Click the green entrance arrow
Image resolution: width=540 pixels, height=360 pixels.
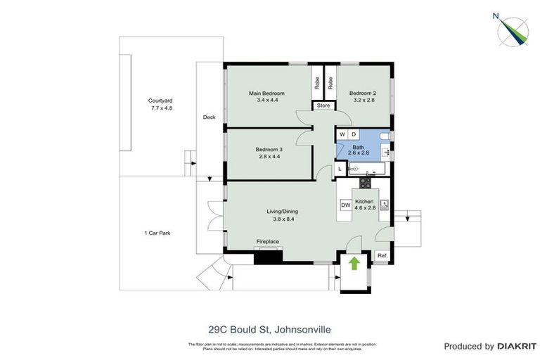(354, 263)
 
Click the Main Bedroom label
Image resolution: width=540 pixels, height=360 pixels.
(267, 94)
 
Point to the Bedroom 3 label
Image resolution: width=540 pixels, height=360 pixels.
(269, 149)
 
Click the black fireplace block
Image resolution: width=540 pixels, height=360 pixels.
(267, 256)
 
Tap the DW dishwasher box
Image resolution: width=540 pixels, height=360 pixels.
(345, 205)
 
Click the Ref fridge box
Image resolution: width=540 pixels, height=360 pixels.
(382, 255)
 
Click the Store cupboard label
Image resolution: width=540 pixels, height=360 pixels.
(323, 105)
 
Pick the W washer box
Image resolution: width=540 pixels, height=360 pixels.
(342, 134)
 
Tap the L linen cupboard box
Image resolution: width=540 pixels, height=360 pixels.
(340, 169)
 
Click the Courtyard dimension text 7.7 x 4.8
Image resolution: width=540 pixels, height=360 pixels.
(161, 108)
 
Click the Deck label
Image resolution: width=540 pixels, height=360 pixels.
(209, 117)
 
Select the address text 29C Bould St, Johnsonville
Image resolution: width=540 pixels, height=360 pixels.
(269, 328)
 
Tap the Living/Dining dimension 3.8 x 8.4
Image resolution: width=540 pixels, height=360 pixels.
(283, 218)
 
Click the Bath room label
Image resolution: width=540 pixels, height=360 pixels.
(358, 147)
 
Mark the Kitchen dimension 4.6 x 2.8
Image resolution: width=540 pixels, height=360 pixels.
(365, 208)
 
